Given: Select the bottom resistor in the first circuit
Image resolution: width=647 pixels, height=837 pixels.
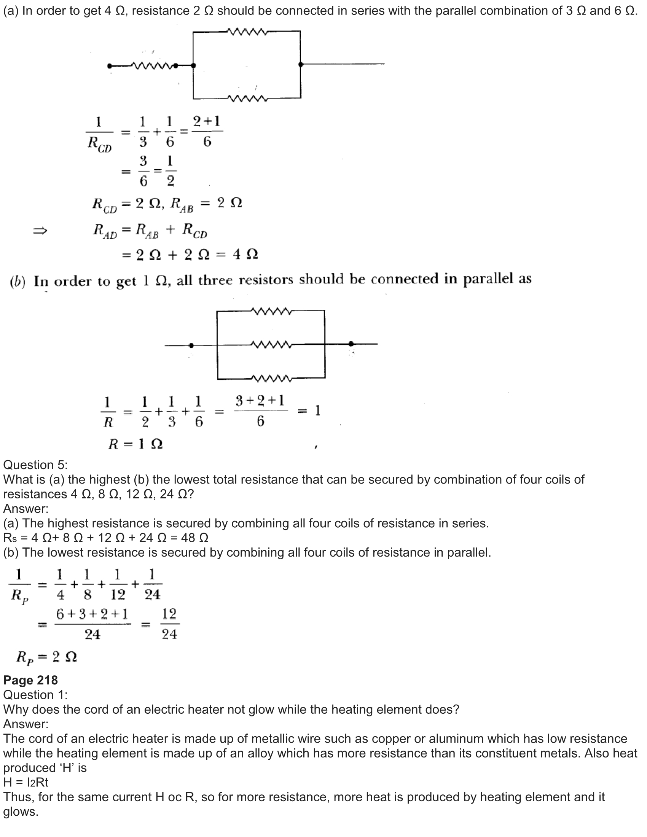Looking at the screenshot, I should [247, 99].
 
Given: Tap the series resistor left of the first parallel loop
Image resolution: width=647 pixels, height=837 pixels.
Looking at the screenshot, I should [152, 65].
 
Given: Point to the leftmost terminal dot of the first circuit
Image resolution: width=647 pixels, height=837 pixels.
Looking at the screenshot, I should [110, 66].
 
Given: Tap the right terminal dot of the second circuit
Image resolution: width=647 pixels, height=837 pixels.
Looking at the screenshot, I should [351, 344].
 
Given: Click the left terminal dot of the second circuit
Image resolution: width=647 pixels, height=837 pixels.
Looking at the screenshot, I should [191, 345].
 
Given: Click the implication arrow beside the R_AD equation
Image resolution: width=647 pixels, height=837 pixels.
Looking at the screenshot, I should [40, 231].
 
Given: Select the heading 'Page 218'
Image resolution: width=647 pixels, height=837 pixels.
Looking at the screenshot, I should [30, 680].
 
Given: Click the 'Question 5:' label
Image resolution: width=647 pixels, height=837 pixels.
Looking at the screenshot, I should [35, 465].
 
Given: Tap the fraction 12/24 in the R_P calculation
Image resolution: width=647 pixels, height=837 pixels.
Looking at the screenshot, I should [169, 624].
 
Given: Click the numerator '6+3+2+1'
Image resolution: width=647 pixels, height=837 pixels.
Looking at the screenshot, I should [92, 614].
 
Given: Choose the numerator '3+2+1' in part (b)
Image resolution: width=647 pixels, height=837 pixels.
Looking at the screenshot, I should [260, 401].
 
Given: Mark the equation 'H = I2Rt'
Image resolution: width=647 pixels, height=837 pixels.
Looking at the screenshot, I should [25, 782].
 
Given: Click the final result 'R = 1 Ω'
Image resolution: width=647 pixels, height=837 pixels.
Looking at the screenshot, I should [135, 444].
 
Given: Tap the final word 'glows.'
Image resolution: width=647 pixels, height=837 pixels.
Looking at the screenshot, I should [21, 812].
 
